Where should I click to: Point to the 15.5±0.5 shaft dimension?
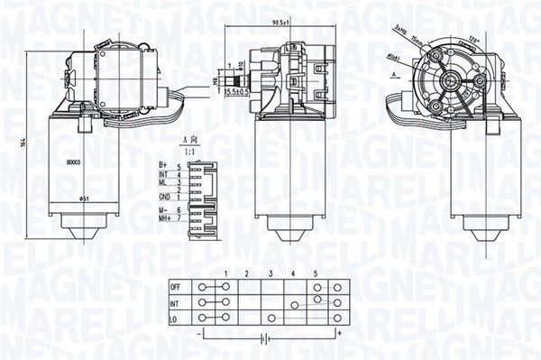coord(237,90)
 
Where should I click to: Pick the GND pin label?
coord(165,196)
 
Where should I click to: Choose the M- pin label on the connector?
coord(165,209)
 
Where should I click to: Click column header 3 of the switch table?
coord(270,273)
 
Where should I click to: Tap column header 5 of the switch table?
coord(316,273)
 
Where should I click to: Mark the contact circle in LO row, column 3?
coord(271,318)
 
